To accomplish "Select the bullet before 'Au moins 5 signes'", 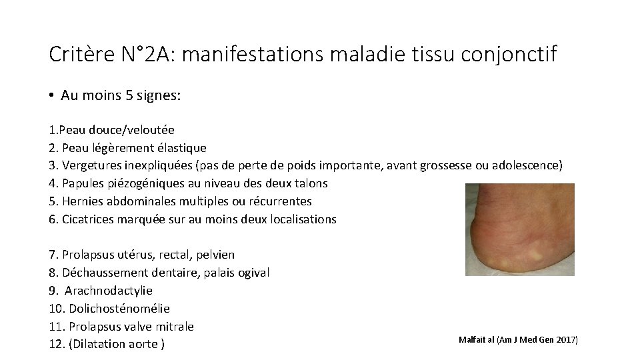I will pyautogui.click(x=51, y=96).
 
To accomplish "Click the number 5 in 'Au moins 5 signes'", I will pyautogui.click(x=129, y=96).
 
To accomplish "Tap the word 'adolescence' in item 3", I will pyautogui.click(x=527, y=165).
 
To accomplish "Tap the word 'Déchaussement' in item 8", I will pyautogui.click(x=102, y=273).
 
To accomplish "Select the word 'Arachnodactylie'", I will pyautogui.click(x=109, y=291).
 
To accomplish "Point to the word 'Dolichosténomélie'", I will pyautogui.click(x=119, y=309).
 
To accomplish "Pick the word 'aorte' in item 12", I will pyautogui.click(x=142, y=345).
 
